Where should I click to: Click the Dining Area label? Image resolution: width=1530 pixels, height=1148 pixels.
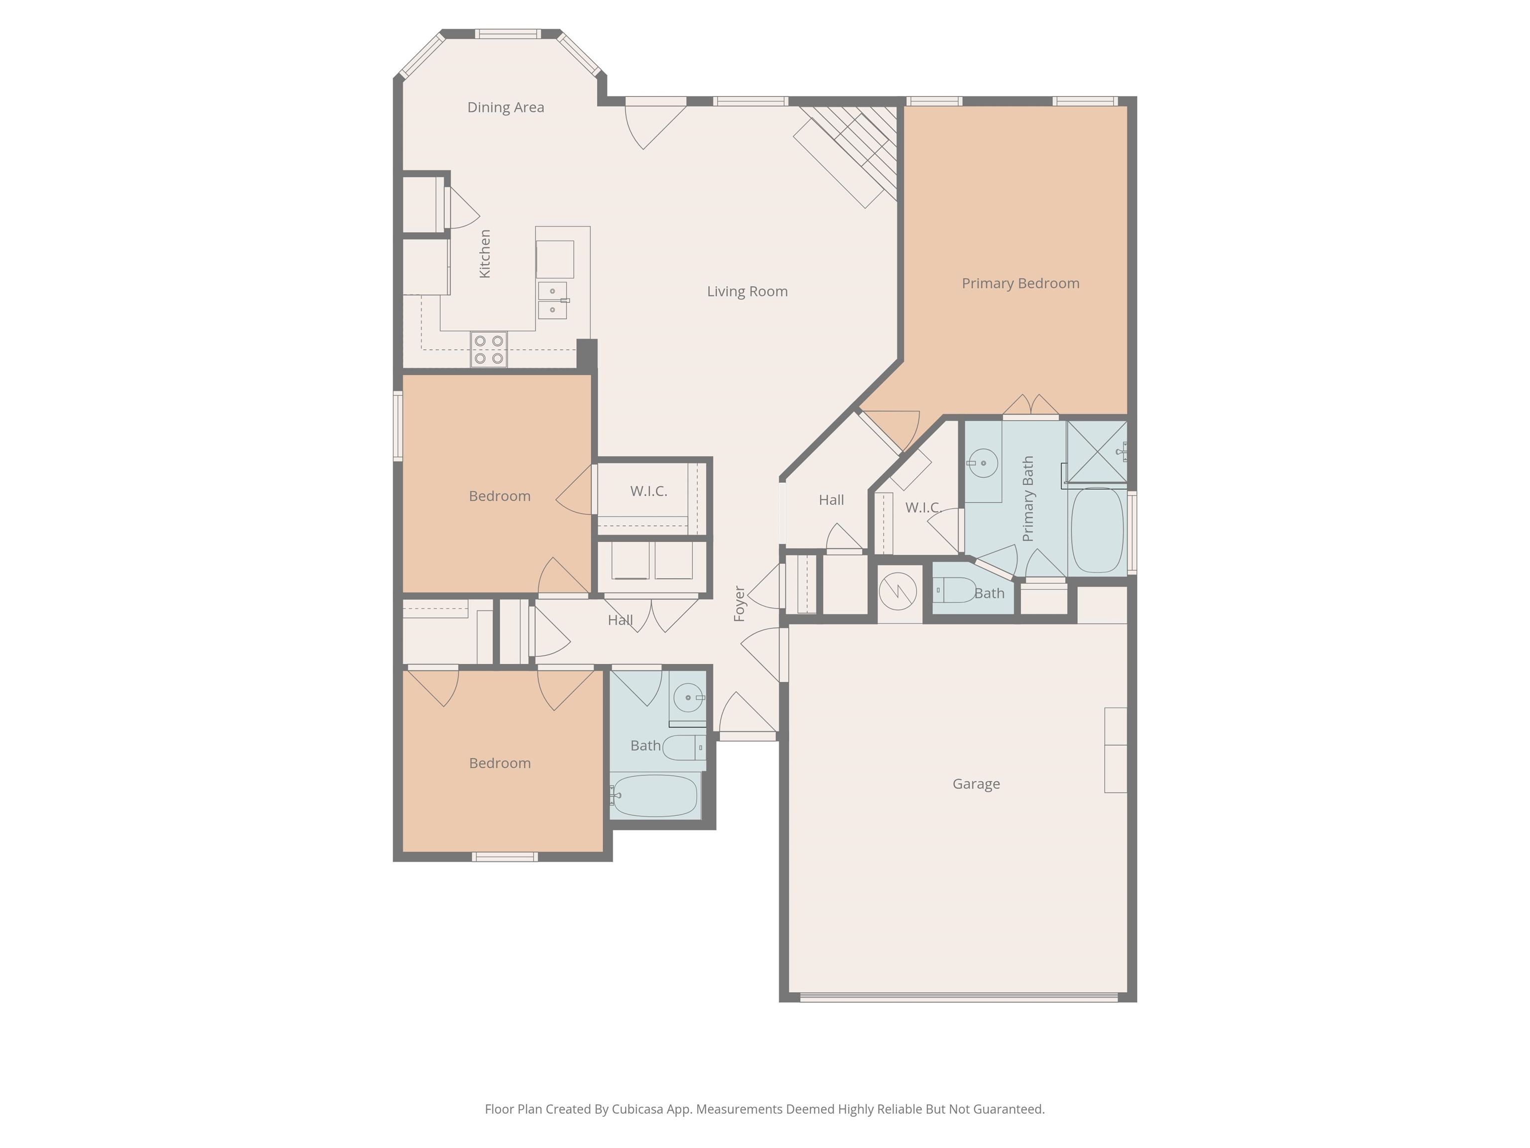(506, 107)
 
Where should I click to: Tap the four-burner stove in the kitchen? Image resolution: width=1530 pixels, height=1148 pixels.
(489, 349)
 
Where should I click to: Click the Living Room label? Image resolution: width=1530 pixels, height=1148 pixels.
(747, 291)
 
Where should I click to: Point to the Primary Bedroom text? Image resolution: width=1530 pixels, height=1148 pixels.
(1020, 283)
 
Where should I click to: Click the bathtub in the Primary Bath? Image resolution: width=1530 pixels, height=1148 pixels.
(1097, 530)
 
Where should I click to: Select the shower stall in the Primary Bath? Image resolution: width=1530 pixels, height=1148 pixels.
(1096, 451)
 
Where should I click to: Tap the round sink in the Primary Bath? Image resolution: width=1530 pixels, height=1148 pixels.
(982, 463)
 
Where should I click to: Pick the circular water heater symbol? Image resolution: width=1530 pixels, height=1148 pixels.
(898, 591)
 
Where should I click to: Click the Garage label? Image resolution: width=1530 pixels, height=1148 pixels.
(976, 784)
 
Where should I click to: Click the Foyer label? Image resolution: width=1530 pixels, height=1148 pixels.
(740, 603)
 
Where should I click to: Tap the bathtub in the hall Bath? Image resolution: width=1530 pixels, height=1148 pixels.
(654, 795)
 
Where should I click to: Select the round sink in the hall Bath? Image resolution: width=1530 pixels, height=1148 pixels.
(688, 698)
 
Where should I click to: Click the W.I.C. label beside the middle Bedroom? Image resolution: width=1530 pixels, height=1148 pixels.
(648, 491)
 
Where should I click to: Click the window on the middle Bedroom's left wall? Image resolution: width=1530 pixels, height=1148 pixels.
(398, 426)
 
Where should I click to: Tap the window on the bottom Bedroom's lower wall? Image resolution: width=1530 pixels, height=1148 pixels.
(505, 857)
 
